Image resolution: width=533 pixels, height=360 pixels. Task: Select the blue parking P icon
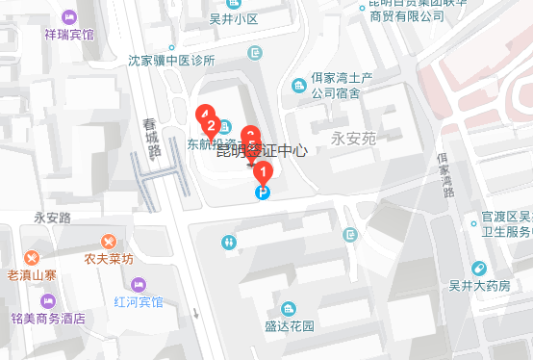point(261,193)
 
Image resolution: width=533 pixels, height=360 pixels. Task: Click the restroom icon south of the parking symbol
point(228,242)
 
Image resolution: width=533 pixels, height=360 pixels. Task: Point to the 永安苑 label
point(352,139)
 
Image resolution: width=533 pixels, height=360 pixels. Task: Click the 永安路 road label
point(53,218)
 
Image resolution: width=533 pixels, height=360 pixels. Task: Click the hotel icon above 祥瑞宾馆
point(69,17)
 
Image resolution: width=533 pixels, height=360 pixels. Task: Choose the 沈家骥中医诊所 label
point(171,60)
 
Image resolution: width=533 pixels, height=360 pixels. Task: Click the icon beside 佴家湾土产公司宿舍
point(299,87)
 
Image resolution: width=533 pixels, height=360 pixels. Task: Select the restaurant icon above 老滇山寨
point(33,258)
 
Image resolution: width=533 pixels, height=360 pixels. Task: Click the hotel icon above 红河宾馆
point(139,284)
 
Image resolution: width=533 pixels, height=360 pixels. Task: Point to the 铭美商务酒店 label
point(47,318)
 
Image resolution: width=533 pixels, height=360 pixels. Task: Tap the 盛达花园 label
point(291,325)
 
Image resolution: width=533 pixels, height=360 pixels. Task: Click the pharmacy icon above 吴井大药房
point(479,269)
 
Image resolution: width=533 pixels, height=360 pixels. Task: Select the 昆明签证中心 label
point(261,151)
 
